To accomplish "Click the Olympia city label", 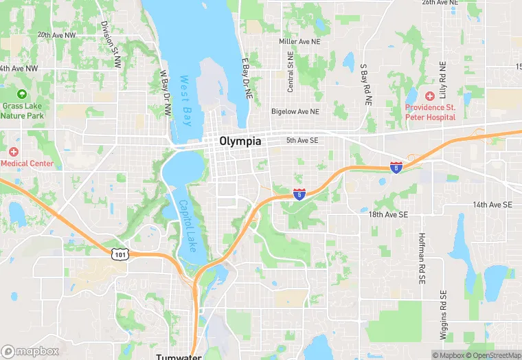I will click(x=240, y=141).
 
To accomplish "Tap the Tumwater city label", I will click(x=178, y=356).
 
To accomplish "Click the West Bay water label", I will click(x=185, y=100).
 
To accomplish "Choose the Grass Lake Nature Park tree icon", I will click(x=21, y=94).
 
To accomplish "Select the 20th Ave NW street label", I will click(x=56, y=34).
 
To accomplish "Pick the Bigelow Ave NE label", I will click(x=295, y=111).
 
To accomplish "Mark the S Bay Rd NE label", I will click(x=367, y=84).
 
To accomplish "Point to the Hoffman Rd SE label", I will click(x=422, y=258).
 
